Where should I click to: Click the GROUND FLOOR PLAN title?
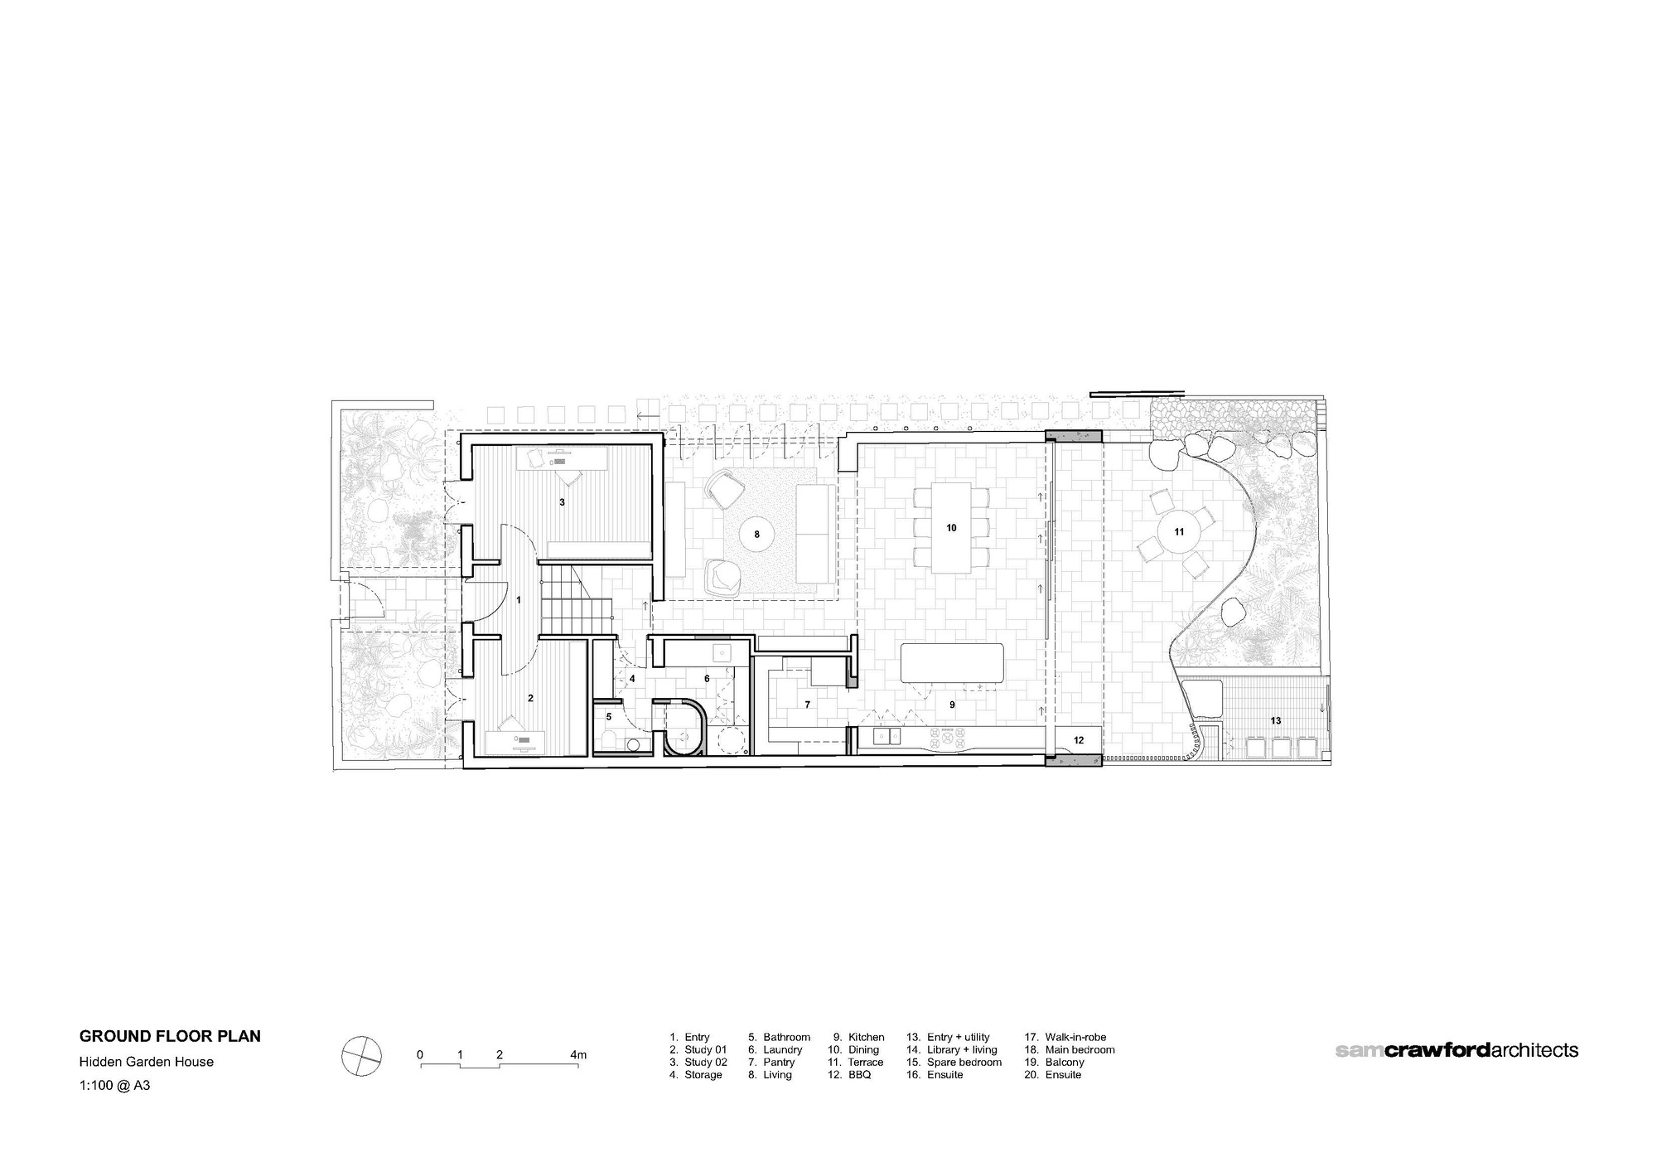point(170,1036)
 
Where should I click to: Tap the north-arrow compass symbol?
point(362,1058)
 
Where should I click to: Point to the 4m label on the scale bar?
point(578,1055)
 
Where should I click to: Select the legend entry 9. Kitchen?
point(859,1037)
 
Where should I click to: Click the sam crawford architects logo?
point(1457,1050)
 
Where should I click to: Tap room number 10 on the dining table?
point(951,528)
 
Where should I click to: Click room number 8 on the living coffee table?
point(756,535)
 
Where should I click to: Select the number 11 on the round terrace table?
point(1178,532)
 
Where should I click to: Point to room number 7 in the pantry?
point(807,705)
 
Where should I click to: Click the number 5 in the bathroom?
point(609,716)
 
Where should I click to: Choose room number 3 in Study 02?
point(562,502)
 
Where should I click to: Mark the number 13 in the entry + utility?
point(1276,720)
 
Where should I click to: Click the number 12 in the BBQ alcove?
point(1078,740)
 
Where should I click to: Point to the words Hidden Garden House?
point(147,1062)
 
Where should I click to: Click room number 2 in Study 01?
point(531,699)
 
